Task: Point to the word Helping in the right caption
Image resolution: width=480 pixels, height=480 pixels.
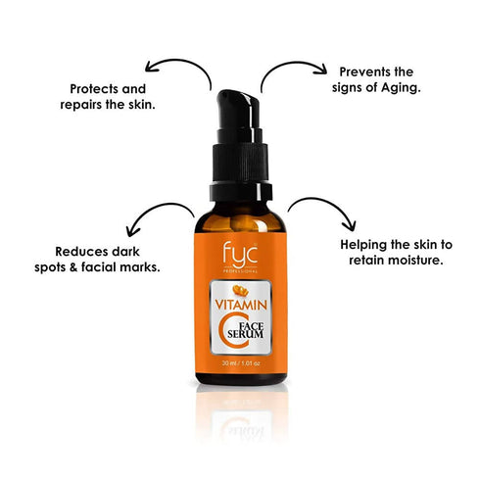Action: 364,244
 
